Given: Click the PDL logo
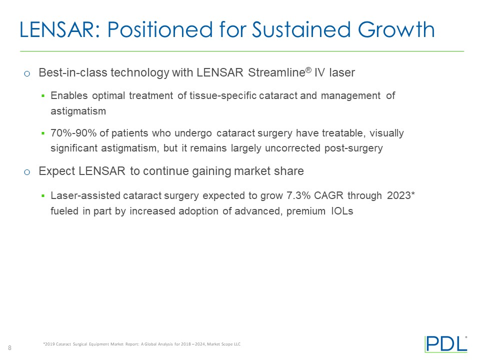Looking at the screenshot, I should point(445,344).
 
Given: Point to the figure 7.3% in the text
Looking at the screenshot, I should point(295,196).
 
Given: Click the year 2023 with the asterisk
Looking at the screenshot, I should point(401,196).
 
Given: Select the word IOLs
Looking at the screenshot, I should point(342,211).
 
